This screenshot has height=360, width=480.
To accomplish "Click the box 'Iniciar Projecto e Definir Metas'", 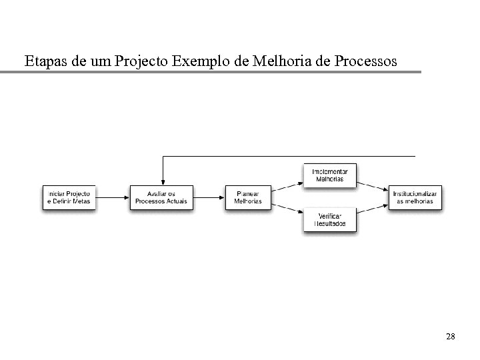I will (69, 197).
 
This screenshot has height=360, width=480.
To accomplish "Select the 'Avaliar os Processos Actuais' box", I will (161, 197).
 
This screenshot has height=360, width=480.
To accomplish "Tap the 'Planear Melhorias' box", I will (248, 197).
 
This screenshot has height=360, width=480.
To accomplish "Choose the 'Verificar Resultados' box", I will (329, 220).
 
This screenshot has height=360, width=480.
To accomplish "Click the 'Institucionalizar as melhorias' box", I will (415, 197).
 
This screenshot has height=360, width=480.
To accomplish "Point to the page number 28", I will (450, 337).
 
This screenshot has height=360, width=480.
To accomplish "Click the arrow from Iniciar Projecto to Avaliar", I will (112, 197).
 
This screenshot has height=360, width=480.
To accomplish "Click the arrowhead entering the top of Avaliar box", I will (162, 181).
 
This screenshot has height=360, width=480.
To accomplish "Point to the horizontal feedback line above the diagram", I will (287, 156).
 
